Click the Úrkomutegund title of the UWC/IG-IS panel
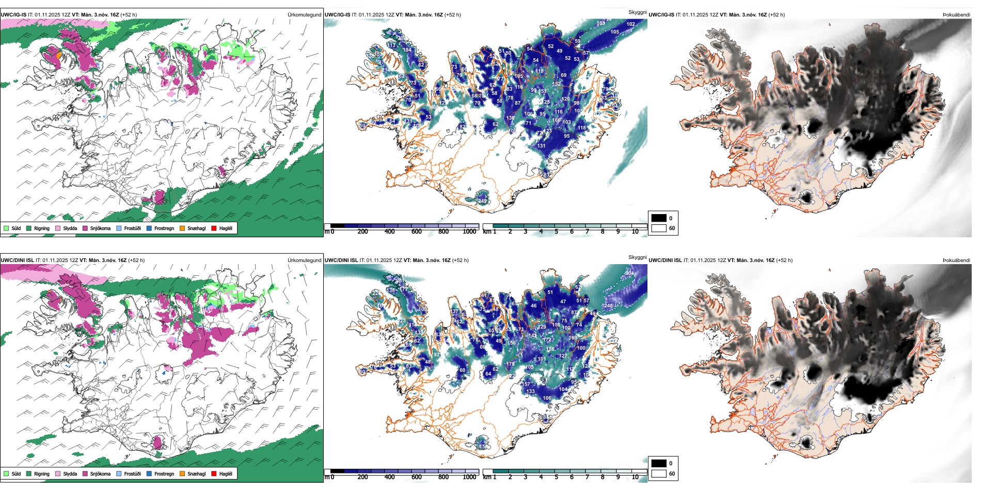pos(304,15)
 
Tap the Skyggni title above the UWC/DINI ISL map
pos(637,257)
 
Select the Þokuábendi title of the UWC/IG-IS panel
pos(956,15)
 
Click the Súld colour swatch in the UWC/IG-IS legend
pos(6,228)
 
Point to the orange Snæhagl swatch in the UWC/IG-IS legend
pos(182,228)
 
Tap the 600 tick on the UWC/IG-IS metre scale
pos(417,232)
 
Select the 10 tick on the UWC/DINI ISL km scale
pos(635,477)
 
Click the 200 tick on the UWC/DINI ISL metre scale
pos(363,477)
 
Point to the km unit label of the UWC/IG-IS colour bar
pos(487,232)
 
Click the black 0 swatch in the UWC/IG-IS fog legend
pos(659,218)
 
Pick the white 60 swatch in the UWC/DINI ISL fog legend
pos(659,473)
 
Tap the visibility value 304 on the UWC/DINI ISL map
pos(629,273)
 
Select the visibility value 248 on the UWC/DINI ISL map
pos(608,306)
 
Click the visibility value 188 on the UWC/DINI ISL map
pos(551,349)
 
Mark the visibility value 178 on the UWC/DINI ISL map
pos(511,364)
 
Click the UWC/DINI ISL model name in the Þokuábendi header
pos(666,260)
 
